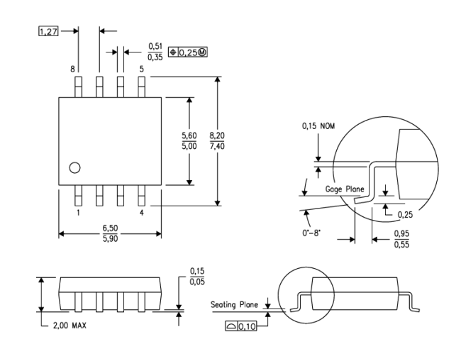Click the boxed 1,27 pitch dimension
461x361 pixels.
[48, 31]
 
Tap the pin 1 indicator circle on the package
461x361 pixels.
[74, 168]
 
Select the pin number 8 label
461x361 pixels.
[72, 69]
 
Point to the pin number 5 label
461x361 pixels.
[142, 69]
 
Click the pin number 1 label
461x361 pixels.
[78, 213]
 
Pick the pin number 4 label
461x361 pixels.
[142, 213]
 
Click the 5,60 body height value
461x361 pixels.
[189, 135]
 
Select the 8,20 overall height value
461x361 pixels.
[217, 135]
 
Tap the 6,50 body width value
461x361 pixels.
[110, 228]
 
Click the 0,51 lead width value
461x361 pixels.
[155, 46]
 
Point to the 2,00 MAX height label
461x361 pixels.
[70, 326]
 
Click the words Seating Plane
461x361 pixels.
[234, 304]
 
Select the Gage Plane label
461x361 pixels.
[345, 189]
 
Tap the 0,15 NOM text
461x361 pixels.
[318, 126]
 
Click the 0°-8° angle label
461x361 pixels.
[311, 233]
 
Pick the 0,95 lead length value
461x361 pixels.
[401, 234]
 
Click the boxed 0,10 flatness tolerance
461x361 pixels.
[241, 326]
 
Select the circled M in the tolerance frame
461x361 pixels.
[203, 52]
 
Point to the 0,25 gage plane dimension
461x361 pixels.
[405, 215]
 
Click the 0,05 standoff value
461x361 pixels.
[197, 282]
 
